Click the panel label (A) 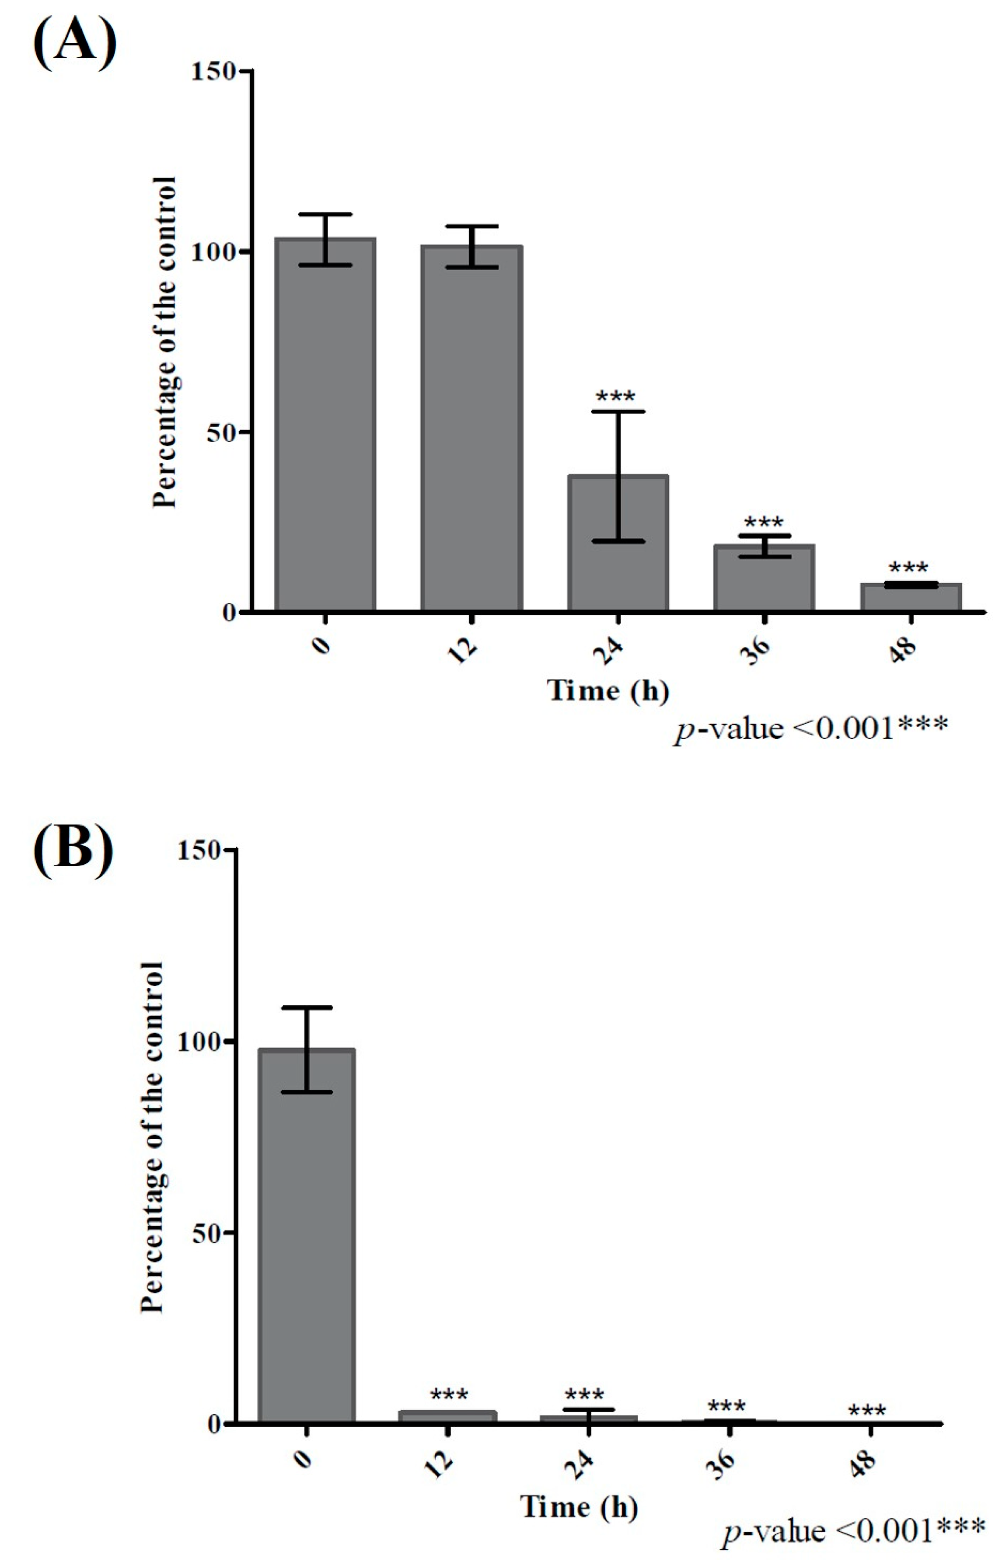click(74, 43)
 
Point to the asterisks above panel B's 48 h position click(867, 1411)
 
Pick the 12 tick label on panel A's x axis click(464, 649)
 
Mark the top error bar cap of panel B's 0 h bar click(307, 1007)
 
